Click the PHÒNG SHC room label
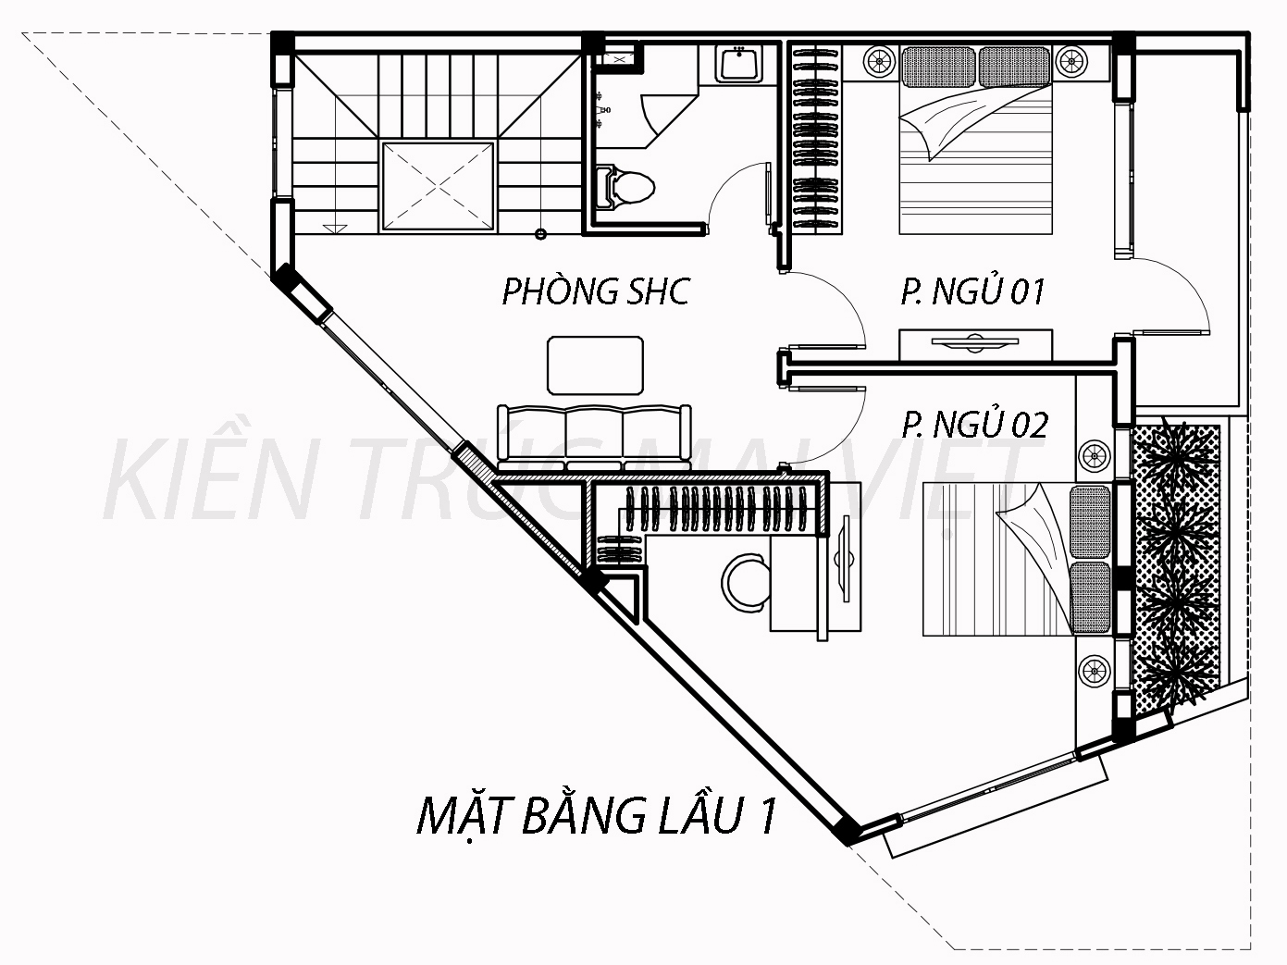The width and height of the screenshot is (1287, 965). click(x=596, y=291)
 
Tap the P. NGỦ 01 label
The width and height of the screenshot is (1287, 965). click(x=973, y=291)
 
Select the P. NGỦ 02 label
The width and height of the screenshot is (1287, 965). click(x=975, y=425)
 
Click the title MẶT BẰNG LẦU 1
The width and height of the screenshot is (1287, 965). click(x=597, y=816)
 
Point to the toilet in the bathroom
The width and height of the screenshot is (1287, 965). click(x=625, y=188)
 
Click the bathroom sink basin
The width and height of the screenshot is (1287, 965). click(x=738, y=63)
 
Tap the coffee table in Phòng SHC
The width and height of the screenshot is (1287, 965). click(x=595, y=365)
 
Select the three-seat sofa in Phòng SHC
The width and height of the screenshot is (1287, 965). click(x=594, y=437)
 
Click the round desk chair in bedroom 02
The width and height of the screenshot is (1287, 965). click(x=746, y=583)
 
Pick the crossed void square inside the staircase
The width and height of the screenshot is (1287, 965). click(x=438, y=186)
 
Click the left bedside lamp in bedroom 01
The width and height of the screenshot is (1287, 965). click(x=880, y=60)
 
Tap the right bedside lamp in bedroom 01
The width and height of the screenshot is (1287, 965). click(x=1071, y=60)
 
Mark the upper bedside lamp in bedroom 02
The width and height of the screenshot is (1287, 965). click(x=1095, y=455)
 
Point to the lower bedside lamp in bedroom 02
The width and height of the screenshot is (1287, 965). click(x=1095, y=671)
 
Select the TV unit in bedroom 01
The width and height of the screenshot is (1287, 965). click(x=975, y=345)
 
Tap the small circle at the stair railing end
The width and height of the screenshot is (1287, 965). click(x=540, y=234)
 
